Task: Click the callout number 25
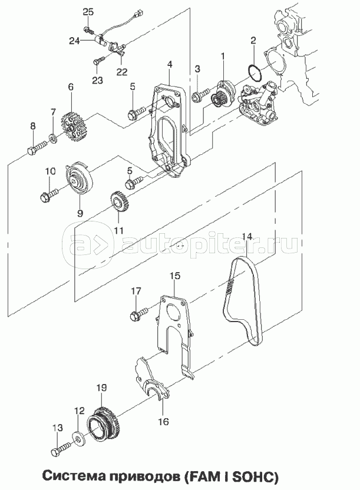[88, 12]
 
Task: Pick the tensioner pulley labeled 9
[80, 181]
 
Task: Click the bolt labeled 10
[49, 194]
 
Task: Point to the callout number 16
[163, 421]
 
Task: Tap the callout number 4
[169, 65]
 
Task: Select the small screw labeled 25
[90, 31]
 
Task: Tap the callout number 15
[175, 276]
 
